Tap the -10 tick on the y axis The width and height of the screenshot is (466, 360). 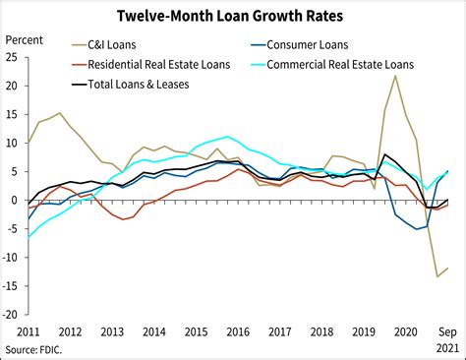click(x=10, y=258)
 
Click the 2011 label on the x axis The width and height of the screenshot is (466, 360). click(x=29, y=331)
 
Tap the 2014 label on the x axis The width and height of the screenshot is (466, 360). click(x=155, y=331)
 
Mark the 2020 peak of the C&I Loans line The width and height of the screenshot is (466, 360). click(x=395, y=76)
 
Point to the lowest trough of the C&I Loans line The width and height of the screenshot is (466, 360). click(x=437, y=276)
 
